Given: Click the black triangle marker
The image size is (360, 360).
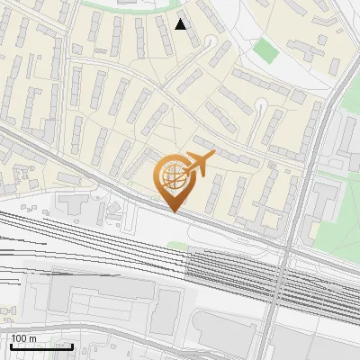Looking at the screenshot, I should point(181,24).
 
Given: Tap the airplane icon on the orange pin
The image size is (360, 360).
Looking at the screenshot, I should point(199,164).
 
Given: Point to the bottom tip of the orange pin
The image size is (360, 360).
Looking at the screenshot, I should point(173,211).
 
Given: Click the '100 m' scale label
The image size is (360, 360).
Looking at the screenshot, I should point(23,338).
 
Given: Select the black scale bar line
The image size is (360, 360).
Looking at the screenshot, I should point(40,346).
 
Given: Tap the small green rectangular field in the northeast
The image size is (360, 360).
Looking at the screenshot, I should point(265,50).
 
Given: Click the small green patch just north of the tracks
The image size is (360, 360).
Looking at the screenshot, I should point(177,245).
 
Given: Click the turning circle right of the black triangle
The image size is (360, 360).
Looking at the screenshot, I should point(211,40).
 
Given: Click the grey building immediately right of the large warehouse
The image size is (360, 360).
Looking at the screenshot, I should point(166,310).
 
